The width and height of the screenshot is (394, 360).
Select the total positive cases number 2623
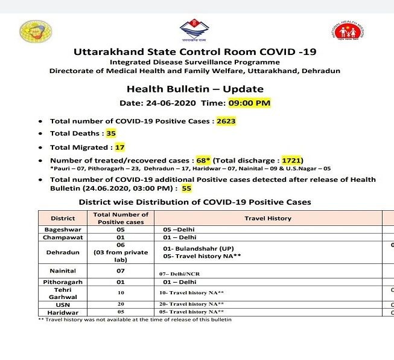pos(226,121)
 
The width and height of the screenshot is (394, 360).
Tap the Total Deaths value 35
pos(110,133)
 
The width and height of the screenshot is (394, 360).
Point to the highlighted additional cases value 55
pos(186,188)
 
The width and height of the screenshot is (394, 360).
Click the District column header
pos(63,218)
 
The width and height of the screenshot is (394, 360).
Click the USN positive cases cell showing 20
pos(121,304)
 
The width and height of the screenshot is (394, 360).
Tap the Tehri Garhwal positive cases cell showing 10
pos(121,293)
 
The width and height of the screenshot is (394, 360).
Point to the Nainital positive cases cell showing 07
pos(121,271)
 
